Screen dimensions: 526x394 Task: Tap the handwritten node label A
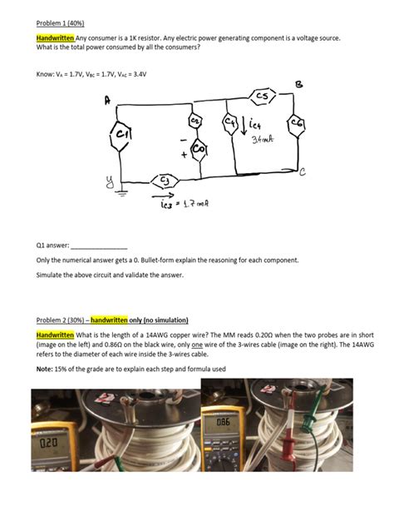[x=107, y=101]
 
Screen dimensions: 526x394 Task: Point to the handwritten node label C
[x=302, y=172]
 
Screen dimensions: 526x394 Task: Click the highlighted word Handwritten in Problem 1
[x=55, y=38]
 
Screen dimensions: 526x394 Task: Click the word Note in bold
[x=45, y=369]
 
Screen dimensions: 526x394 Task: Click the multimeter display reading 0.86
[x=223, y=422]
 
